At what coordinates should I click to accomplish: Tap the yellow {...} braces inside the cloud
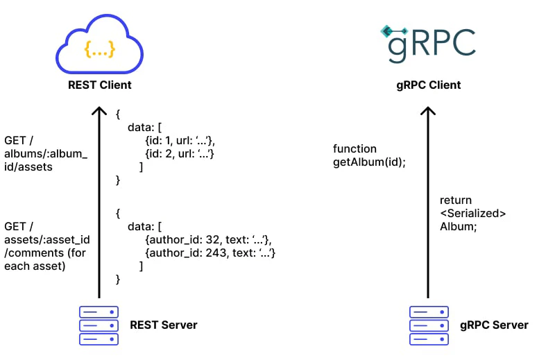click(99, 49)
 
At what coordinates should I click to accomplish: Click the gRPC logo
click(427, 42)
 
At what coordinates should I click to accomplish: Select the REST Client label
click(99, 85)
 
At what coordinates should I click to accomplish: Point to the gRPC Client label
click(428, 85)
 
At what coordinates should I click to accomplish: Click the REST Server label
click(164, 325)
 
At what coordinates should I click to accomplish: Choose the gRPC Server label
click(494, 325)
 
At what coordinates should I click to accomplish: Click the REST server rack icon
click(99, 325)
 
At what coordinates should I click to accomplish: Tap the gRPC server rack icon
click(429, 325)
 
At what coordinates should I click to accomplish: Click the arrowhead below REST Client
click(99, 112)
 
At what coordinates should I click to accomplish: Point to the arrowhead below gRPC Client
click(429, 112)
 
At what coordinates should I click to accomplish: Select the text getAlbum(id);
click(369, 162)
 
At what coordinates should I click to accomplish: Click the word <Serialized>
click(472, 213)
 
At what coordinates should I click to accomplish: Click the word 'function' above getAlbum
click(355, 148)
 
